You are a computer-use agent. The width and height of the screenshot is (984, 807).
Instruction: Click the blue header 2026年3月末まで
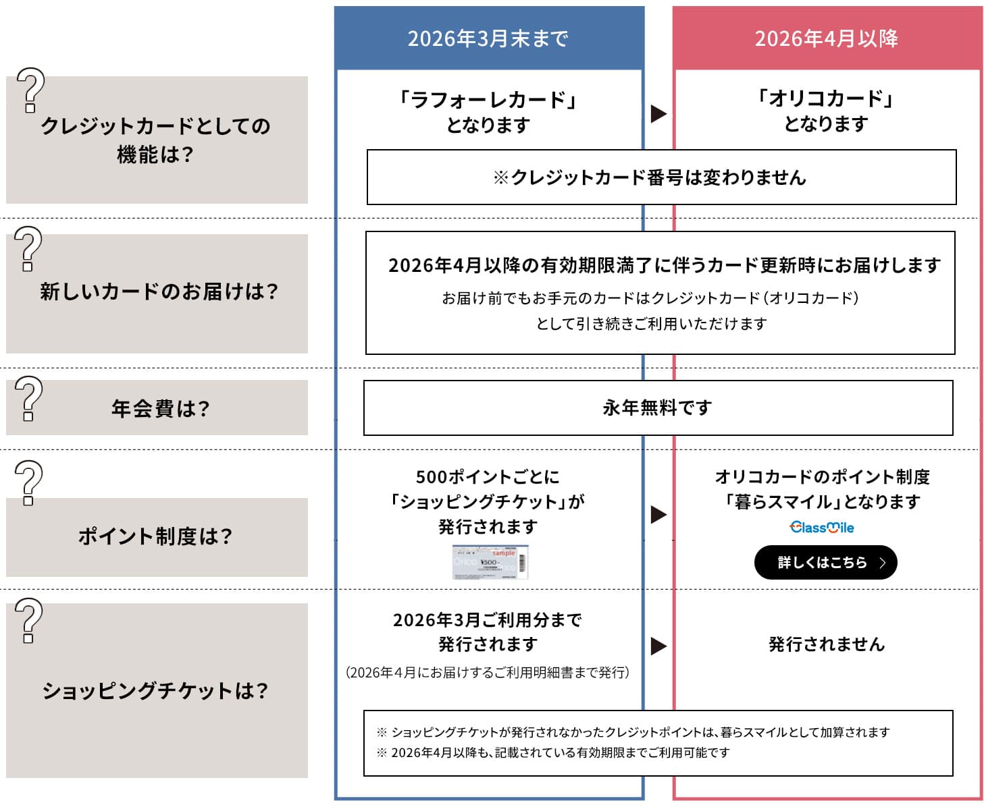(x=488, y=38)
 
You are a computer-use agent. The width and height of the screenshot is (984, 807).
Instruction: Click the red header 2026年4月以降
(x=827, y=38)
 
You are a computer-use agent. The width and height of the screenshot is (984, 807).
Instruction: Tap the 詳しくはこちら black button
(x=825, y=563)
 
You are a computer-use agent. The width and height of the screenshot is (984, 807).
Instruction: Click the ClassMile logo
(x=822, y=528)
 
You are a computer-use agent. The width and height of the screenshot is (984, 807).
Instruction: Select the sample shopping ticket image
(x=490, y=562)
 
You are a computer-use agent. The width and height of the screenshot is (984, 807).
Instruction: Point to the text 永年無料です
(x=657, y=408)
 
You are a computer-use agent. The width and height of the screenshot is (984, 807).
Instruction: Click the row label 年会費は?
(x=161, y=408)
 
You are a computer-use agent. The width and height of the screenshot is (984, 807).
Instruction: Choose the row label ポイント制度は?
(x=155, y=536)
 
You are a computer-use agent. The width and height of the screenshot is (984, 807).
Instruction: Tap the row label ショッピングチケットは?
(x=155, y=690)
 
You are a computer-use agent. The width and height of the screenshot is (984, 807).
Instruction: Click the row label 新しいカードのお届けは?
(x=159, y=291)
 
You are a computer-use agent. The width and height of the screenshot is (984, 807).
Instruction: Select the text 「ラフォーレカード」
(x=488, y=101)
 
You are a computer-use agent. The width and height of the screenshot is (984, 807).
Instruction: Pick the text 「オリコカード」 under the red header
(x=825, y=99)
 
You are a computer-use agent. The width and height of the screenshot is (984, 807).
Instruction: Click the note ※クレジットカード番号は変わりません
(x=650, y=177)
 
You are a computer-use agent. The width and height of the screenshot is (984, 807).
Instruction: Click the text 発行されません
(x=827, y=644)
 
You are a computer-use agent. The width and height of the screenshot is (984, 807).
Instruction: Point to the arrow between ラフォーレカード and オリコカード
(x=658, y=113)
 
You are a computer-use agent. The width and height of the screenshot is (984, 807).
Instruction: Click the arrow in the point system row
(x=658, y=515)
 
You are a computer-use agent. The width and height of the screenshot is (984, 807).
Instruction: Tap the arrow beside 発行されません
(x=658, y=646)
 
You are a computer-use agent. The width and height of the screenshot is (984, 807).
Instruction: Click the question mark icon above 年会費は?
(x=28, y=398)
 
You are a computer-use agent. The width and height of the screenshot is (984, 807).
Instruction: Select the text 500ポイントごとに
(x=488, y=477)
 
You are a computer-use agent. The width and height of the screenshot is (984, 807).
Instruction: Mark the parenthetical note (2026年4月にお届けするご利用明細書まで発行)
(x=488, y=672)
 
